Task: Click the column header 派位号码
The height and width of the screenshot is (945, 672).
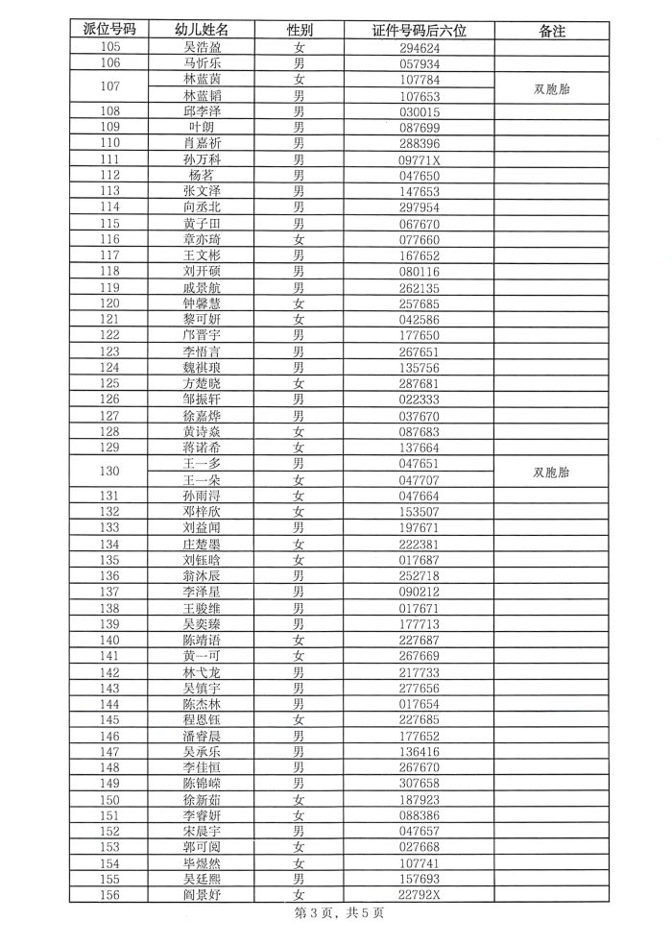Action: click(x=109, y=31)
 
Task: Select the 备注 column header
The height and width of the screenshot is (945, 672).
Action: click(x=552, y=31)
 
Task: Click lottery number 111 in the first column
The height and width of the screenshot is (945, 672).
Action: click(x=109, y=159)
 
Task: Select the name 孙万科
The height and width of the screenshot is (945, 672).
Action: click(x=204, y=159)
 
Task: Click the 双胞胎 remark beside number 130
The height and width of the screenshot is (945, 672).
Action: click(x=552, y=472)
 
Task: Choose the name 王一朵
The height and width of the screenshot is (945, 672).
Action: click(x=204, y=480)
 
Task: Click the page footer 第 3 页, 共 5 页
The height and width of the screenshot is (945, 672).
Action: click(x=338, y=913)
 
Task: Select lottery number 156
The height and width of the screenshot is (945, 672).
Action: click(x=109, y=895)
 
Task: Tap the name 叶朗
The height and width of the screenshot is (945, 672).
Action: click(x=204, y=127)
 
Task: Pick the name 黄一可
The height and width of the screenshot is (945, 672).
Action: click(x=204, y=655)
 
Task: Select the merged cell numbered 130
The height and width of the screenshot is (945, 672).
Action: click(x=109, y=472)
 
